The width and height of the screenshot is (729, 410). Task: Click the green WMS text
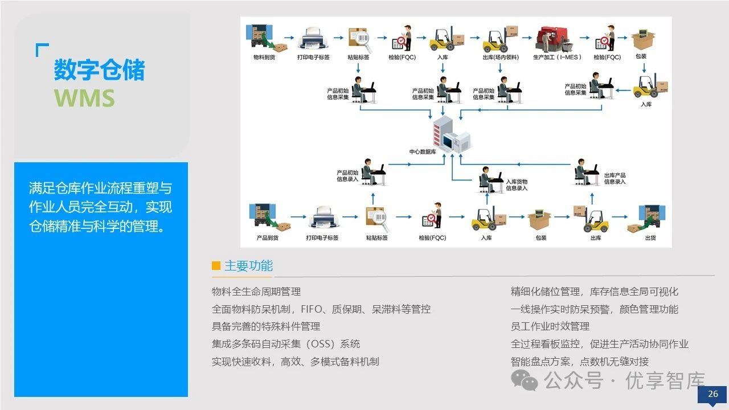click(x=84, y=98)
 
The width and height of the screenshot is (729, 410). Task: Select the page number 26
click(x=712, y=394)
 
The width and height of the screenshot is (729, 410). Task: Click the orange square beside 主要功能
click(x=216, y=265)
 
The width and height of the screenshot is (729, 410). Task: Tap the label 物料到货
click(x=265, y=58)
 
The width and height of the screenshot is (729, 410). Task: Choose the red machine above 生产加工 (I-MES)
click(x=552, y=39)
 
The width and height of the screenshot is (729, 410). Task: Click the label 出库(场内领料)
click(x=499, y=58)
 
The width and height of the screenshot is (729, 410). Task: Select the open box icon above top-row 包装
click(x=643, y=39)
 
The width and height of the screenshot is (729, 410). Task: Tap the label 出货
click(x=650, y=237)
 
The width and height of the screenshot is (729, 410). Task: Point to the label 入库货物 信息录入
click(x=517, y=185)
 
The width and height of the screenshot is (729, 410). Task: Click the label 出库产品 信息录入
click(x=615, y=178)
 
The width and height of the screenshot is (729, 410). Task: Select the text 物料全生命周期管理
click(x=256, y=292)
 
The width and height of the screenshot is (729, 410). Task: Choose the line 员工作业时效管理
click(x=550, y=326)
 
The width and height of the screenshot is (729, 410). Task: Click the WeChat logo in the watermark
click(x=524, y=380)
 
